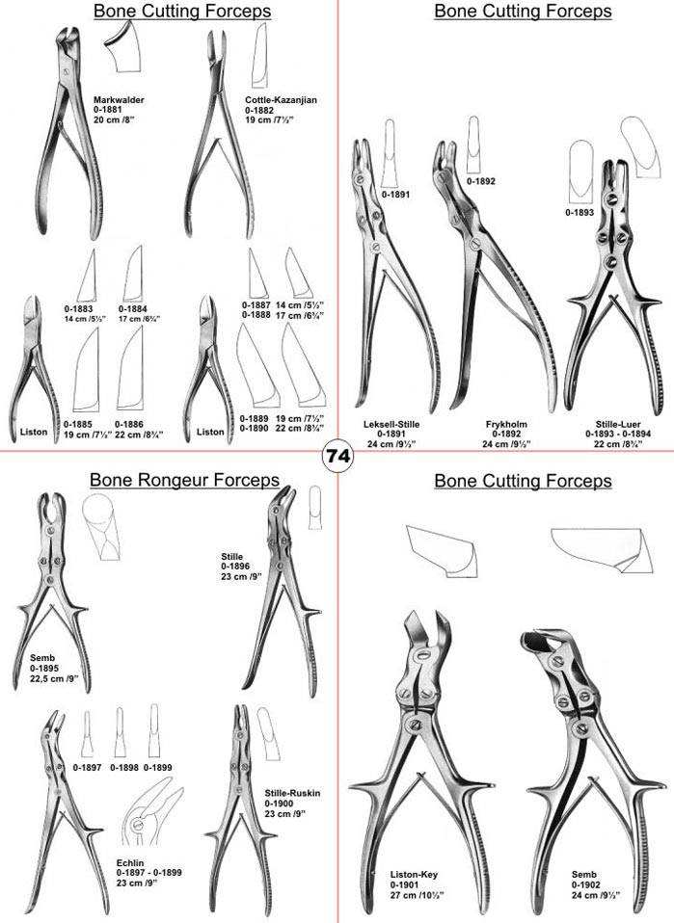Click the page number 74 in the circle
click(x=337, y=456)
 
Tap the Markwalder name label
click(x=117, y=99)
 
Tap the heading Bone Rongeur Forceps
click(x=184, y=480)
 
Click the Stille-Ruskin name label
click(x=292, y=793)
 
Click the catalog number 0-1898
click(x=124, y=769)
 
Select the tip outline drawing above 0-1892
click(x=473, y=141)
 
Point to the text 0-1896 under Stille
click(x=236, y=567)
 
